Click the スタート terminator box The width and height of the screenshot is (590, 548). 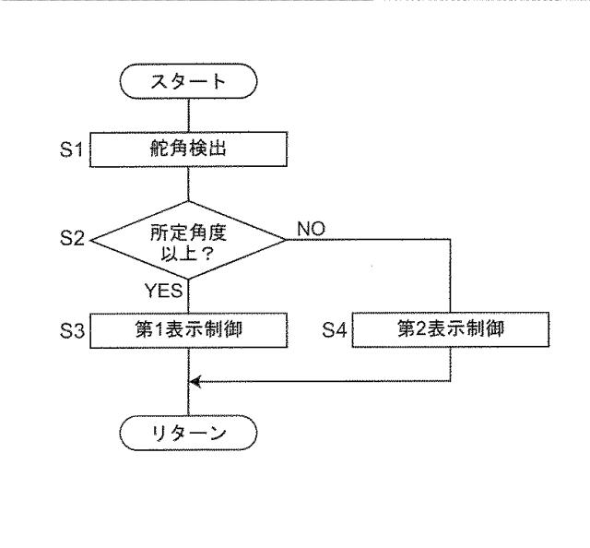[x=188, y=82]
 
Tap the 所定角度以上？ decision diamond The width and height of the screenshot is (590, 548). [x=188, y=239]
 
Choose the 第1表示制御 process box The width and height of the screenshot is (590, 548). [x=188, y=329]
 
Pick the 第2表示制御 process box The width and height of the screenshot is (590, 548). [x=450, y=329]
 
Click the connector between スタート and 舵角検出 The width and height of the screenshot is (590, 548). [x=188, y=114]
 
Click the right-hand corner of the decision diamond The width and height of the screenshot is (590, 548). [x=286, y=239]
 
